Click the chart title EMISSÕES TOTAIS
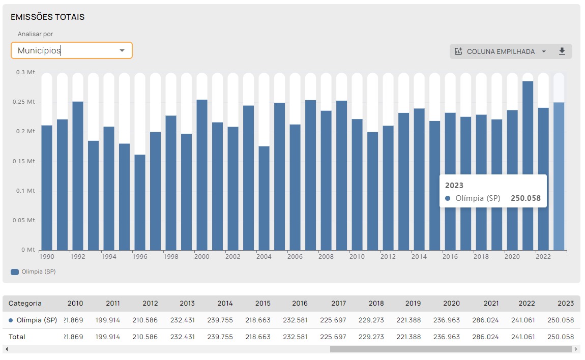[47, 17]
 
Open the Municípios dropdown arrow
[122, 50]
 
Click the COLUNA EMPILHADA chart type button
[501, 51]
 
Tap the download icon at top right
[562, 51]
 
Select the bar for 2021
[528, 166]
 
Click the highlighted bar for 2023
[559, 176]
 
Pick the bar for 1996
[140, 202]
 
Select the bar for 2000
[202, 174]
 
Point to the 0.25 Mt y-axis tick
[24, 102]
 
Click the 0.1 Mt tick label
[25, 191]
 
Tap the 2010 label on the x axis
[357, 257]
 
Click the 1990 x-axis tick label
[47, 257]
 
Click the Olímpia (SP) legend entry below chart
[33, 272]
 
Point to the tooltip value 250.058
[525, 198]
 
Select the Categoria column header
[25, 303]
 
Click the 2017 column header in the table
[338, 303]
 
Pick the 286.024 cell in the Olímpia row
[485, 320]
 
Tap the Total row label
[17, 337]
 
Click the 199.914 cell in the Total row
[107, 337]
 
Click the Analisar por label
[36, 34]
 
